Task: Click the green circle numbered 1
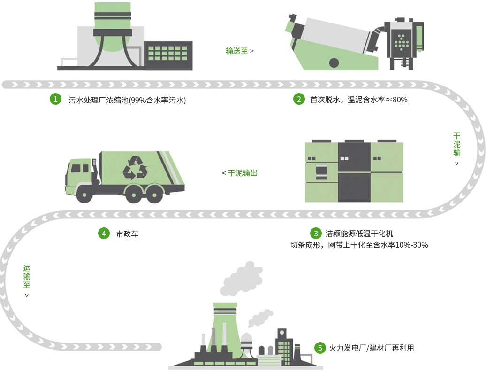pyautogui.click(x=56, y=100)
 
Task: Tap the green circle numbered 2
pyautogui.click(x=299, y=100)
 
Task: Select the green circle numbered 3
pyautogui.click(x=316, y=234)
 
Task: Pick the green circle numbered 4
pyautogui.click(x=104, y=234)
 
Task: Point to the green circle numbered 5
pyautogui.click(x=320, y=348)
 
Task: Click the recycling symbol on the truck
pyautogui.click(x=135, y=167)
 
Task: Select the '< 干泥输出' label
pyautogui.click(x=240, y=173)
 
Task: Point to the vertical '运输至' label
pyautogui.click(x=27, y=277)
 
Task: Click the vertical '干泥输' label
pyautogui.click(x=457, y=145)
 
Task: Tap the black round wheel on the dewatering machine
pyautogui.click(x=334, y=62)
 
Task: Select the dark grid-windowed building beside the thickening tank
pyautogui.click(x=168, y=55)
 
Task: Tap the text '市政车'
pyautogui.click(x=127, y=234)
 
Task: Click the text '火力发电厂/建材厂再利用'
pyautogui.click(x=371, y=348)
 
